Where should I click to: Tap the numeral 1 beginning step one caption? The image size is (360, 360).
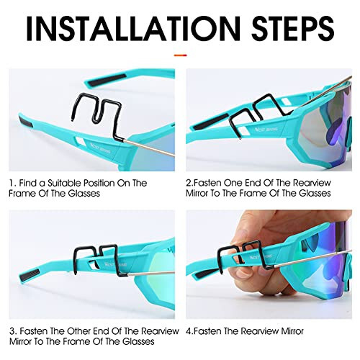point(12,184)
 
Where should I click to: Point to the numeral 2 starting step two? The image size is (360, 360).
point(189,184)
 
